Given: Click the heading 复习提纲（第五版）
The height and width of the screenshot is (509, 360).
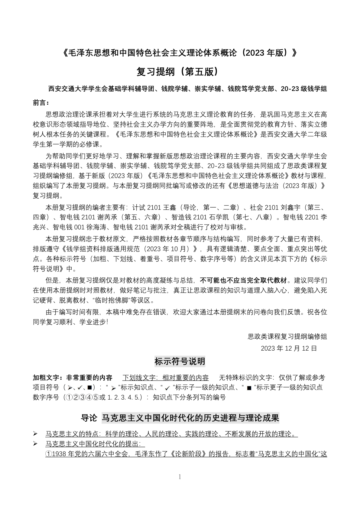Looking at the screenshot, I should [x=177, y=72].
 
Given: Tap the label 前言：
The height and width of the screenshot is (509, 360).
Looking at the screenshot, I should [x=41, y=103].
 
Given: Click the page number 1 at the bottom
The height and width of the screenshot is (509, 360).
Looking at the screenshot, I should [x=180, y=477].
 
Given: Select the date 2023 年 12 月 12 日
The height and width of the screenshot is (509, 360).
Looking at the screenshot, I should [x=289, y=348].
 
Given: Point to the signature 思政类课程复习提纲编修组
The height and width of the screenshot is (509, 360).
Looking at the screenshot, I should [x=287, y=336].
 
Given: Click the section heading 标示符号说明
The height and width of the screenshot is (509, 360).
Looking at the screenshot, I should [x=180, y=361].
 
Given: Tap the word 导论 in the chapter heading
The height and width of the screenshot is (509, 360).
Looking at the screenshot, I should [x=89, y=418].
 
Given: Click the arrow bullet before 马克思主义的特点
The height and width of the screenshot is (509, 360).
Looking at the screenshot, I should [x=36, y=434].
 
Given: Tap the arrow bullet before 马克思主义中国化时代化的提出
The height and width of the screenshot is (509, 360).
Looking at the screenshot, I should [x=36, y=444].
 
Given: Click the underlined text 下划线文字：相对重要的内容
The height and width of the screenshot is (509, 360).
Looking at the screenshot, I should [x=165, y=378].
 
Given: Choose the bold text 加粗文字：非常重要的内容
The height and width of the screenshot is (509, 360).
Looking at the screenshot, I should [x=73, y=378].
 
